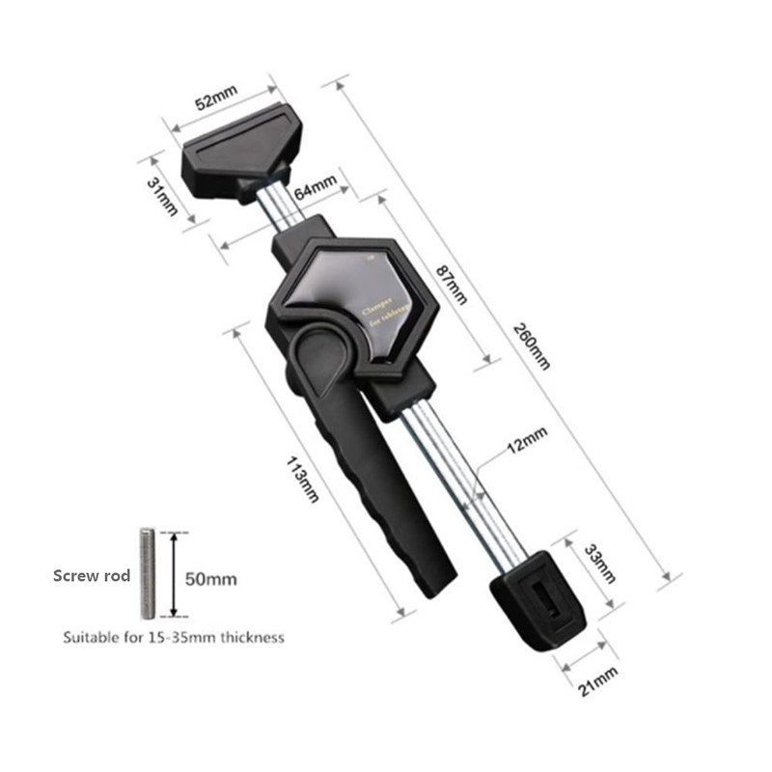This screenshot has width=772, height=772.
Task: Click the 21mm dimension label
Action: pyautogui.click(x=597, y=680)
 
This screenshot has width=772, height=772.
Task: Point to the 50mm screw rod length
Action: pyautogui.click(x=210, y=580)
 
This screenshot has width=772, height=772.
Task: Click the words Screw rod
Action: pyautogui.click(x=90, y=576)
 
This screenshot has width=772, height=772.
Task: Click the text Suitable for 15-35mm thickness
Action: pyautogui.click(x=174, y=638)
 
